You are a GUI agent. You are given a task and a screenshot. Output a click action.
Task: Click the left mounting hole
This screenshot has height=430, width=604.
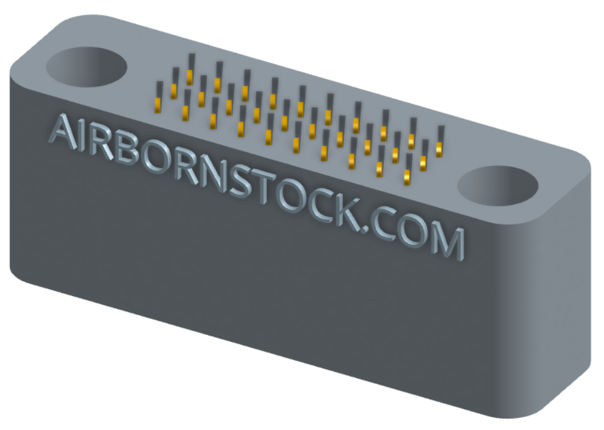86,67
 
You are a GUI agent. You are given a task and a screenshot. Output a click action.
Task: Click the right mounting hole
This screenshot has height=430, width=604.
498,186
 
